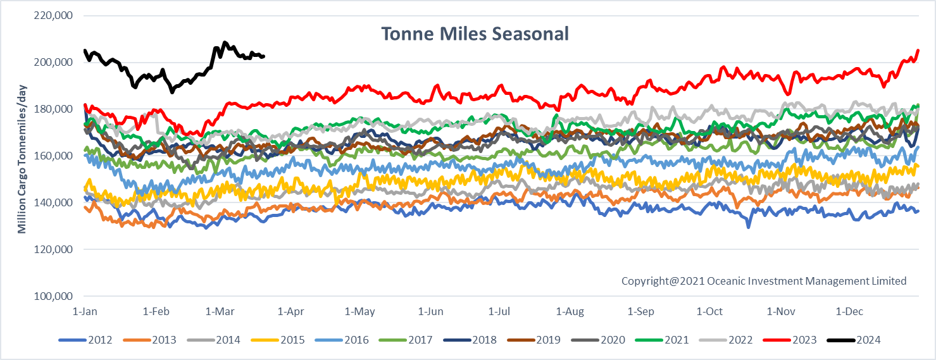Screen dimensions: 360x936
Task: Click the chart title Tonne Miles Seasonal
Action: click(x=474, y=34)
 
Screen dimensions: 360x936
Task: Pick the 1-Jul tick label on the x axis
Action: click(x=500, y=311)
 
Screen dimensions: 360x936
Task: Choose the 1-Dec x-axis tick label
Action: click(x=849, y=311)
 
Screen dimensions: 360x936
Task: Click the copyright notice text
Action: click(x=764, y=281)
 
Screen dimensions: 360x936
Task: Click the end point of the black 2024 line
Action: click(x=264, y=56)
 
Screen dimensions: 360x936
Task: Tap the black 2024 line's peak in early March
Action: click(x=225, y=43)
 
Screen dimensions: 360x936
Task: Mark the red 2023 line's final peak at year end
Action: click(x=918, y=50)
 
